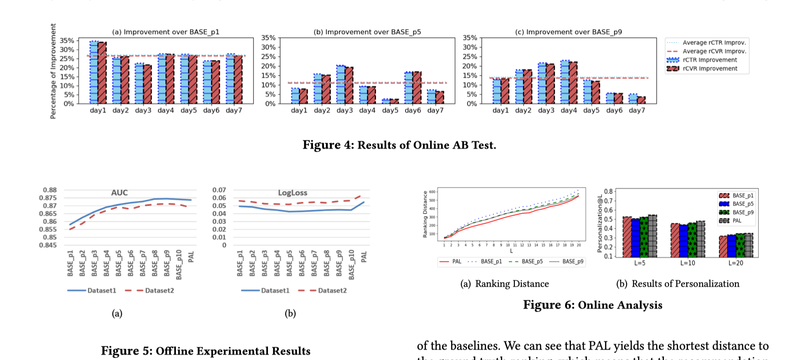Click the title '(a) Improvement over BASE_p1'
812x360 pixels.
166,32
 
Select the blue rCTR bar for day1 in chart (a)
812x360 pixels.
94,73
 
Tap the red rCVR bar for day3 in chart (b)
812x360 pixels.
349,85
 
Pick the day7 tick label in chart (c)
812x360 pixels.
637,110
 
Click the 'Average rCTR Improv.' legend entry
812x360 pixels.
714,42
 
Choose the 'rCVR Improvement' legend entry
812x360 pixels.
709,68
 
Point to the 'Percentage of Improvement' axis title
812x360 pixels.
53,71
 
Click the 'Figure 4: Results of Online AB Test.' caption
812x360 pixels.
399,145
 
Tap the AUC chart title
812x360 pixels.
119,193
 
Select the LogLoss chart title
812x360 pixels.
293,193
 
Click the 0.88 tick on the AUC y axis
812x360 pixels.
50,190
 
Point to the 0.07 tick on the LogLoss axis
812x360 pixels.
219,190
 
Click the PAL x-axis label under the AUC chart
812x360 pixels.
191,257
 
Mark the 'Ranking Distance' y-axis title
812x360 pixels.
425,214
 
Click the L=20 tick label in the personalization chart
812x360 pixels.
735,263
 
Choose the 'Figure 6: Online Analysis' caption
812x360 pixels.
592,305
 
